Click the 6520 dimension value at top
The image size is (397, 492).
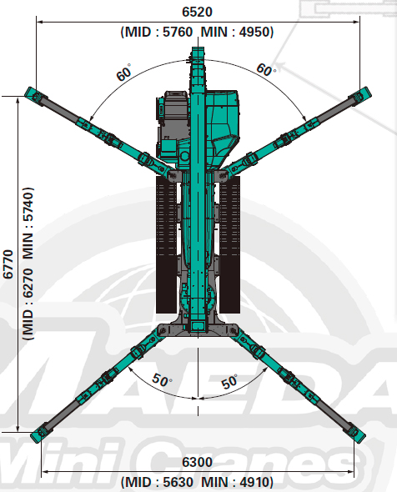click(x=197, y=12)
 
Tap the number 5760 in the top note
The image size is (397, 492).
click(x=178, y=32)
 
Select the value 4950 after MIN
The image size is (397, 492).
click(x=254, y=32)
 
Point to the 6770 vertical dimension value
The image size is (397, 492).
click(x=8, y=264)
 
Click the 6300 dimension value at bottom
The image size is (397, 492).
click(x=197, y=462)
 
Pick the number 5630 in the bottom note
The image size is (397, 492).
click(x=178, y=482)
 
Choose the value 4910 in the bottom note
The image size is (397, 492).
click(x=254, y=482)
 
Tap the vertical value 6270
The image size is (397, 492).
click(x=28, y=283)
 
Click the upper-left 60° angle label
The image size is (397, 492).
click(x=123, y=73)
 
